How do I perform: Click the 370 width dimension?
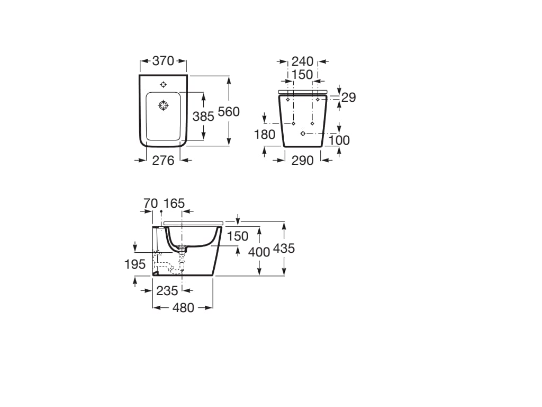(163, 61)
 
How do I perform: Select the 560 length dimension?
(229, 112)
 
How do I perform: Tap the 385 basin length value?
(203, 117)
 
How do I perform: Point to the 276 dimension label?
(163, 160)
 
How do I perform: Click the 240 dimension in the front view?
(303, 61)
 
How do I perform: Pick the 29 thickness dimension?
(348, 98)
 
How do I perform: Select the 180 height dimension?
(265, 135)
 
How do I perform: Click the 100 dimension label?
(339, 140)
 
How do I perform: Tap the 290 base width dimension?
(303, 160)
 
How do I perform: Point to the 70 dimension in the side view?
(151, 203)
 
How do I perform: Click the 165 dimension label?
(174, 203)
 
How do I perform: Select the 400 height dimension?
(259, 252)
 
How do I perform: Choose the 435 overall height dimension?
(284, 249)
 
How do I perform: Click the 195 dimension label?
(135, 264)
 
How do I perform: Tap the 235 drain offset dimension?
(167, 291)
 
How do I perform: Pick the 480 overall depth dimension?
(183, 308)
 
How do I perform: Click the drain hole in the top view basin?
(163, 106)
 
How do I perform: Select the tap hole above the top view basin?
(163, 84)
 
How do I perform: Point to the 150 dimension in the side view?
(238, 236)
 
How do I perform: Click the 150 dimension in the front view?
(302, 75)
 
